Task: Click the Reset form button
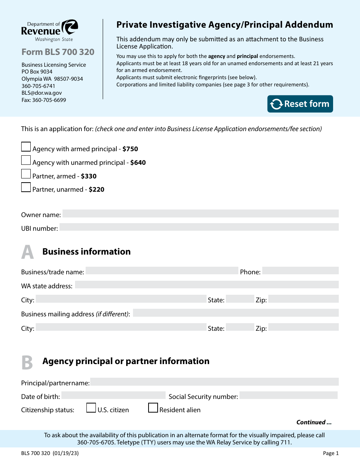coord(300,104)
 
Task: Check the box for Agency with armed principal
coord(26,147)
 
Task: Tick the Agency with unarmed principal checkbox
coord(26,160)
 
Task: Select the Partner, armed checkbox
coord(26,174)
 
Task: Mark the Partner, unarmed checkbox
coord(26,187)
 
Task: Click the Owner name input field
coord(200,214)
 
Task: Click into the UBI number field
coord(199,227)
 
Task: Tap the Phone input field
coord(300,271)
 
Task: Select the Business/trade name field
coord(162,271)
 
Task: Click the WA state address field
coord(207,285)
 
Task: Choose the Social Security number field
coord(288,396)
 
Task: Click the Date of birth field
coord(113,396)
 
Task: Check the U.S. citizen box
coord(91,408)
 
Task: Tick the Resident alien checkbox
coord(153,408)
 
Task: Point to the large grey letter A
coord(27,252)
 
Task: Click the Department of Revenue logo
coord(50,30)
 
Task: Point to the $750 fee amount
coord(130,149)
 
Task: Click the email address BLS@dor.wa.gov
coord(42,93)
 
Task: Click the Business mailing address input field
coord(235,313)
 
